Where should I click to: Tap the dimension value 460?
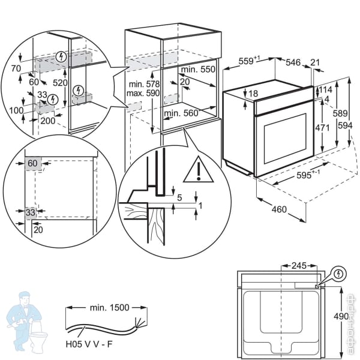pyautogui.click(x=278, y=209)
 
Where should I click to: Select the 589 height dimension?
pyautogui.click(x=340, y=113)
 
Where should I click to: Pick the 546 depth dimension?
pyautogui.click(x=292, y=62)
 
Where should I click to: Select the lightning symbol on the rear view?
pyautogui.click(x=340, y=274)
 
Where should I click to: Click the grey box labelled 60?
pyautogui.click(x=32, y=163)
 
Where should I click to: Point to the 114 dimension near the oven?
pyautogui.click(x=325, y=89)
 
